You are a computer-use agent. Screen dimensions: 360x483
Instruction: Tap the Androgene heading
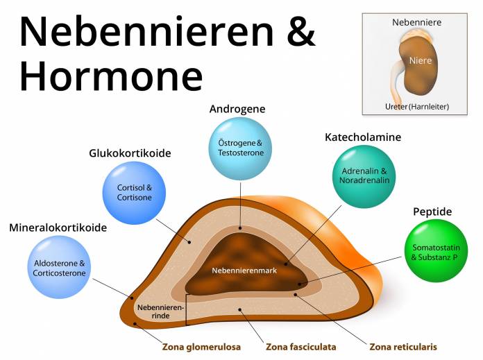point(237,109)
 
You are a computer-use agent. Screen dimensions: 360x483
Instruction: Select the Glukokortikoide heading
point(130,153)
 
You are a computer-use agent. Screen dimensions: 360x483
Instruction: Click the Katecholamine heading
point(363,137)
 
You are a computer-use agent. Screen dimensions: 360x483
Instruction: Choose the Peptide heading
point(432,212)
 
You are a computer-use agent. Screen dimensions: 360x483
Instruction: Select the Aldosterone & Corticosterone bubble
point(60,268)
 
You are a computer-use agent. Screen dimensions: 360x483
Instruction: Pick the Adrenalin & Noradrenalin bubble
point(364,175)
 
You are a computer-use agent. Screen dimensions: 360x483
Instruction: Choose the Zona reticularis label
point(403,346)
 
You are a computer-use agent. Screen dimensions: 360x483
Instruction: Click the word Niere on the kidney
point(421,60)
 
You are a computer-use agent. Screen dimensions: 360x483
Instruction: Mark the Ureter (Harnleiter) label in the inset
point(416,106)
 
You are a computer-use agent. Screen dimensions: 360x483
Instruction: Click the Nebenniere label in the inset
point(416,22)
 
